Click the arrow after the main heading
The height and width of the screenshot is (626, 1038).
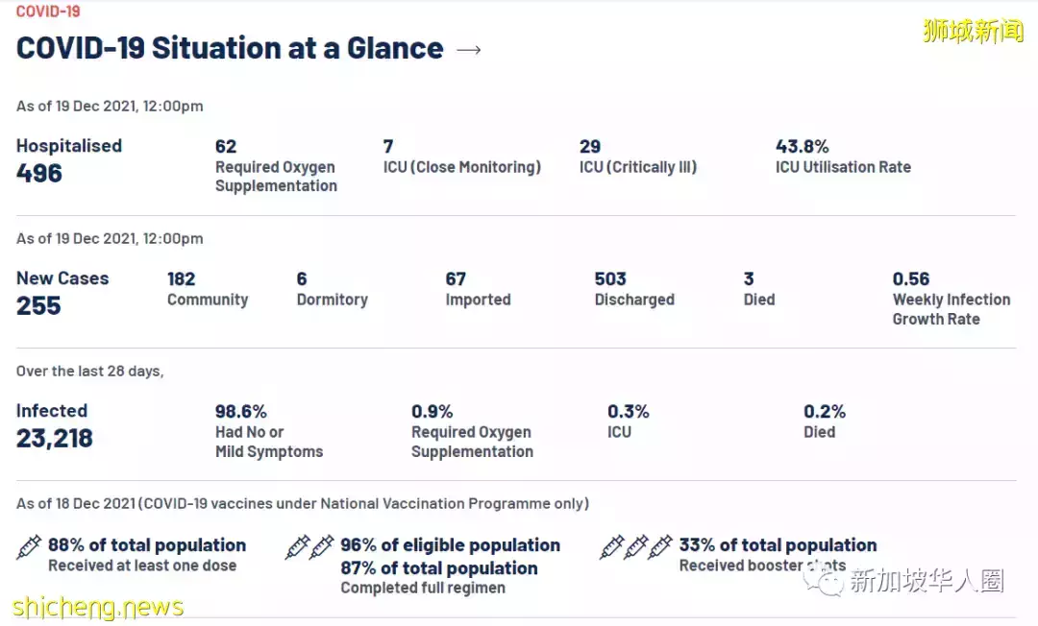coord(468,49)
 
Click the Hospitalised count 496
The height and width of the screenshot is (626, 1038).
coord(39,174)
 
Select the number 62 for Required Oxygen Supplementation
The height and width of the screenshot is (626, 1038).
coord(226,147)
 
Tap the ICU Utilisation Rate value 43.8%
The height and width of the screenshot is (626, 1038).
coord(802,147)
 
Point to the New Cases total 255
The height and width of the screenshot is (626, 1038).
coord(38,306)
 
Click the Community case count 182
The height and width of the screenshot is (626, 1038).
coord(181,279)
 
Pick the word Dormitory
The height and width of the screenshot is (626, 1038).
coord(332,300)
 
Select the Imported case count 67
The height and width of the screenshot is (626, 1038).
coord(456,279)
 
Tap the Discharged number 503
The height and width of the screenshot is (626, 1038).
coord(610,279)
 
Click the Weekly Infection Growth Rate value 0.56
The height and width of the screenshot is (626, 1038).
coord(911,279)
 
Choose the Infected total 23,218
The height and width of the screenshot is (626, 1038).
coord(55,439)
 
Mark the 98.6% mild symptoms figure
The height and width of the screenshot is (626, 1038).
coord(240,412)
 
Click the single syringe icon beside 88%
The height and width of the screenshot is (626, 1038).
coord(29,547)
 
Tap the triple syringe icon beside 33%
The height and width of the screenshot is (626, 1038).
coord(635,547)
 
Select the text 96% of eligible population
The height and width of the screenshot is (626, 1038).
coord(450,545)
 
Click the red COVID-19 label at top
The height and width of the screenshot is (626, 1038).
coord(48,12)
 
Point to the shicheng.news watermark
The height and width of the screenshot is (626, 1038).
coord(97,608)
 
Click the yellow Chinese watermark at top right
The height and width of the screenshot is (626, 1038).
coord(973,31)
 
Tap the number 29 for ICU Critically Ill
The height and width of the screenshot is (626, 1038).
coord(590,147)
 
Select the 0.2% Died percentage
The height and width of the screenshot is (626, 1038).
coord(825,412)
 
